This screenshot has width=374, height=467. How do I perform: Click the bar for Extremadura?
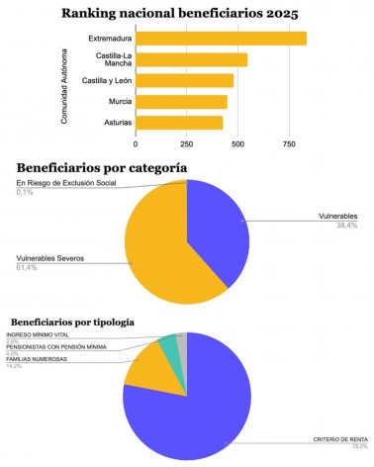[x=221, y=39]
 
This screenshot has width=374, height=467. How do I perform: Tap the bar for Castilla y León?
[x=184, y=80]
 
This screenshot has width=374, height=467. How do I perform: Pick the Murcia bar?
[x=181, y=101]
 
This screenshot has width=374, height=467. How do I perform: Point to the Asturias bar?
[x=179, y=123]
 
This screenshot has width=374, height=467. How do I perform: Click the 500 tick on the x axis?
[x=236, y=145]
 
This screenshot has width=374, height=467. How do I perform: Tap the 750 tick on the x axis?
[x=288, y=145]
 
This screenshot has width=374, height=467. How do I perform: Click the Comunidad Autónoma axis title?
[x=65, y=80]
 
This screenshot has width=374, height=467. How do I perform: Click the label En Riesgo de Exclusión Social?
[x=65, y=183]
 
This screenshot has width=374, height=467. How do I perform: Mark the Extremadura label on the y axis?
[x=108, y=39]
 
